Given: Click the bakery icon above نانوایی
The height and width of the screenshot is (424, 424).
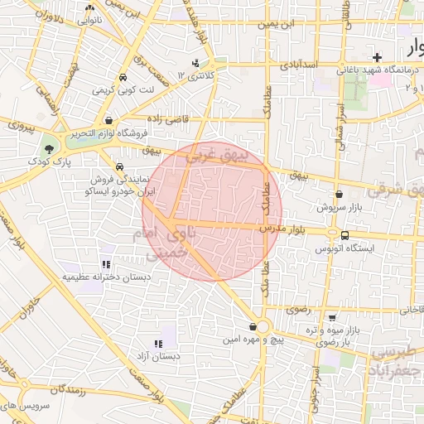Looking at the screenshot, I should click(89, 7).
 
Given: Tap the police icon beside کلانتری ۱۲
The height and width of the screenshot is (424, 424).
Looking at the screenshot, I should click(195, 63).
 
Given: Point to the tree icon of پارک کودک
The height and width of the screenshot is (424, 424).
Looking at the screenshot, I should click(50, 149).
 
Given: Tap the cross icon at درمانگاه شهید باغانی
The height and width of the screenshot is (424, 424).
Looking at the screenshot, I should click(378, 57).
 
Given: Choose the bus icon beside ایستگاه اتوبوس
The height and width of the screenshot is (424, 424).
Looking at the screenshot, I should click(344, 234).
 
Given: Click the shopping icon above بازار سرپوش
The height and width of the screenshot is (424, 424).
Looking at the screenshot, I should click(340, 194).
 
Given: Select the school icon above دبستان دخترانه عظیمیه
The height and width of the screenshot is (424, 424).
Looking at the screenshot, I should click(105, 263).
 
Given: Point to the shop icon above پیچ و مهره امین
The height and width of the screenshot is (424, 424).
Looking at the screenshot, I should click(253, 326).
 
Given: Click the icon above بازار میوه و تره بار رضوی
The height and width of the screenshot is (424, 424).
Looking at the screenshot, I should click(332, 317).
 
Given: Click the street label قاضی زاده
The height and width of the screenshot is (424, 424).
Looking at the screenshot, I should click(169, 119).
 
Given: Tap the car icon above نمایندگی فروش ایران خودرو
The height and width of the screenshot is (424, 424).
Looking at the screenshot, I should click(121, 166).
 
